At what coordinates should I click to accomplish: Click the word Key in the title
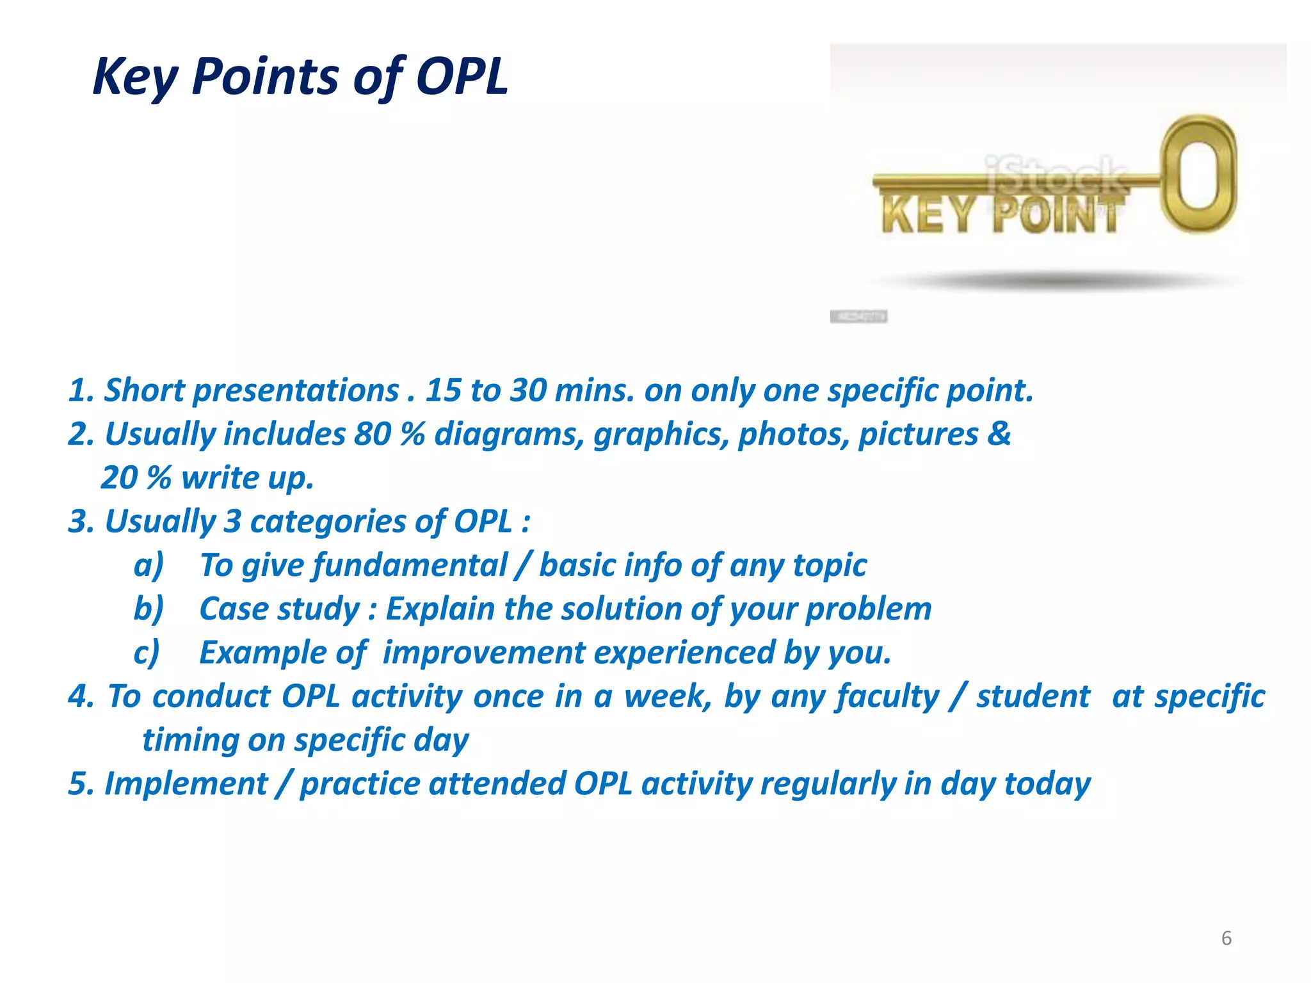tap(134, 77)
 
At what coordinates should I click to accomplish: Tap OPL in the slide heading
tap(462, 77)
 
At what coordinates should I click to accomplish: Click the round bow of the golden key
tap(1199, 174)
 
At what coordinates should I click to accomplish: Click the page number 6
tap(1226, 938)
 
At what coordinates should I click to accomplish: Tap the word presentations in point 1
tap(296, 390)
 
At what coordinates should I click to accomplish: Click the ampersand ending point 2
tap(999, 434)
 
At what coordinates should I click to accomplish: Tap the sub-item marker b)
tap(149, 609)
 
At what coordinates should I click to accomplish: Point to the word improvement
tap(484, 653)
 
